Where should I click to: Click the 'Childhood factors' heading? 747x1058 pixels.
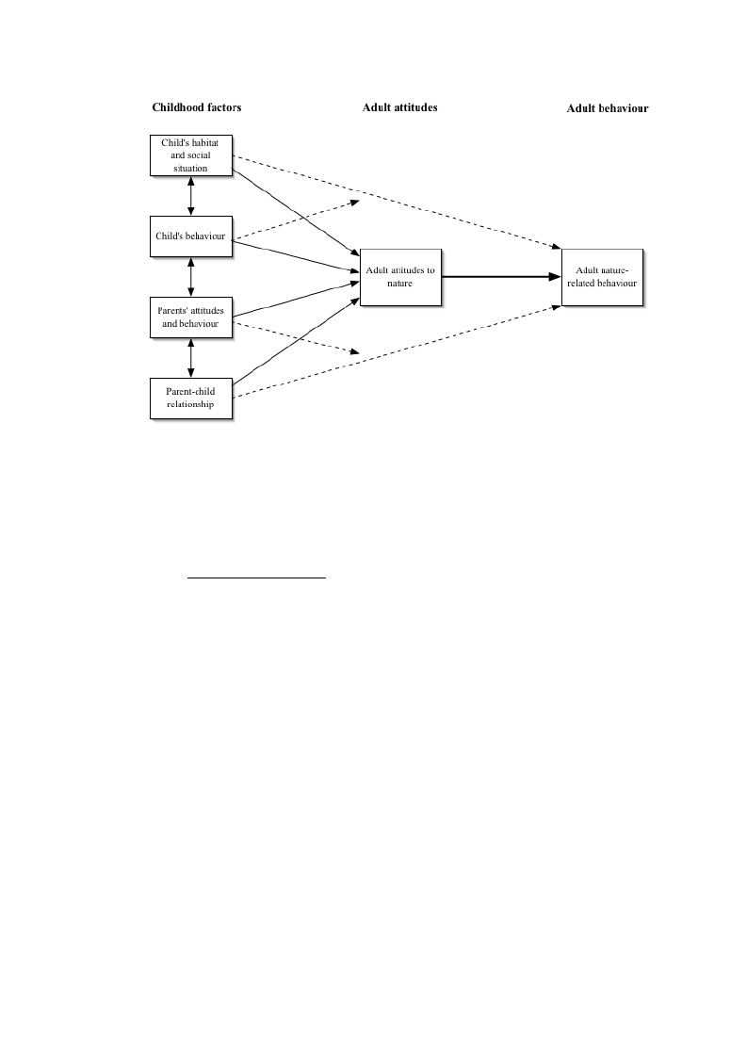coord(196,107)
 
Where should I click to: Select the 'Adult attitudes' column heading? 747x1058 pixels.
coord(399,107)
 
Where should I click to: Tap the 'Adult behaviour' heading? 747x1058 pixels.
coord(608,108)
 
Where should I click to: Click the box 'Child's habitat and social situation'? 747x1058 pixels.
coord(191,155)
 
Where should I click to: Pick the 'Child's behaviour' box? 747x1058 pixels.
coord(191,236)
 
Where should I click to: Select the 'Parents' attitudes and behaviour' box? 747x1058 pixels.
coord(191,317)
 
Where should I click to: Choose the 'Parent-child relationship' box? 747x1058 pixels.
coord(191,399)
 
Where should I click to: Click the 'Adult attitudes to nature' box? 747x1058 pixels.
coord(401,277)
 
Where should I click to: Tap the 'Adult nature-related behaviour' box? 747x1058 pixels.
coord(603,277)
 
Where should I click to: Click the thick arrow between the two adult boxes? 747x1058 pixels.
coord(501,277)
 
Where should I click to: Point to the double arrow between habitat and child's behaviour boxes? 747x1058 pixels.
coord(191,196)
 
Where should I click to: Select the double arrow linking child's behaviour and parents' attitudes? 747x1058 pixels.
coord(191,277)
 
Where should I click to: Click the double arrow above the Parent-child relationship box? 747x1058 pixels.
coord(191,358)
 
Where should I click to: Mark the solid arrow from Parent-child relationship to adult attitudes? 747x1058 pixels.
coord(296,341)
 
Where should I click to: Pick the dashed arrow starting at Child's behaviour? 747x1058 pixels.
coord(296,220)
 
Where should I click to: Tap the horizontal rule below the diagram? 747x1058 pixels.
coord(256,578)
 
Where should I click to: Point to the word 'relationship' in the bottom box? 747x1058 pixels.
coord(191,404)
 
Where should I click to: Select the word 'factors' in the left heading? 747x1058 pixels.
coord(222,107)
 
